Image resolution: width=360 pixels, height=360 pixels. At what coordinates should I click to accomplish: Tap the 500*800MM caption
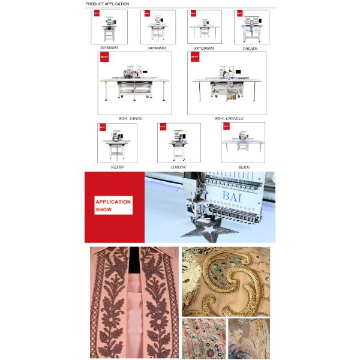click(157, 47)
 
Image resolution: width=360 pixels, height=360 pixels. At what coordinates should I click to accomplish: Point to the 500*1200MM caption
click(204, 47)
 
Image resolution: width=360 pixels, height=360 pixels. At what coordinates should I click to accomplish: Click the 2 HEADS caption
click(251, 47)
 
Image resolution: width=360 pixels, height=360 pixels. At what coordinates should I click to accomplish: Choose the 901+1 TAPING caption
click(132, 118)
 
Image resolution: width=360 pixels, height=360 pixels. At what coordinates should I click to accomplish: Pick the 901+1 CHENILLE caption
click(229, 118)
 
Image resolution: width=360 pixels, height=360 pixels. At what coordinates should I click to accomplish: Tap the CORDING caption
click(178, 167)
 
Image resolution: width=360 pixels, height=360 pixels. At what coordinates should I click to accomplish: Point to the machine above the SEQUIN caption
click(117, 143)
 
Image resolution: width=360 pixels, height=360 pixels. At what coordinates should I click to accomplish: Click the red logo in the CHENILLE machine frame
click(194, 58)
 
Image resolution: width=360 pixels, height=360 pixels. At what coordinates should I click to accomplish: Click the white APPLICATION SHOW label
click(113, 206)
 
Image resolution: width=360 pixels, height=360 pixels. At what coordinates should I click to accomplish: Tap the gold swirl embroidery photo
click(226, 281)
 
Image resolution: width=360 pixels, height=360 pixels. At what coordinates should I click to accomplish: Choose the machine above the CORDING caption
click(179, 143)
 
